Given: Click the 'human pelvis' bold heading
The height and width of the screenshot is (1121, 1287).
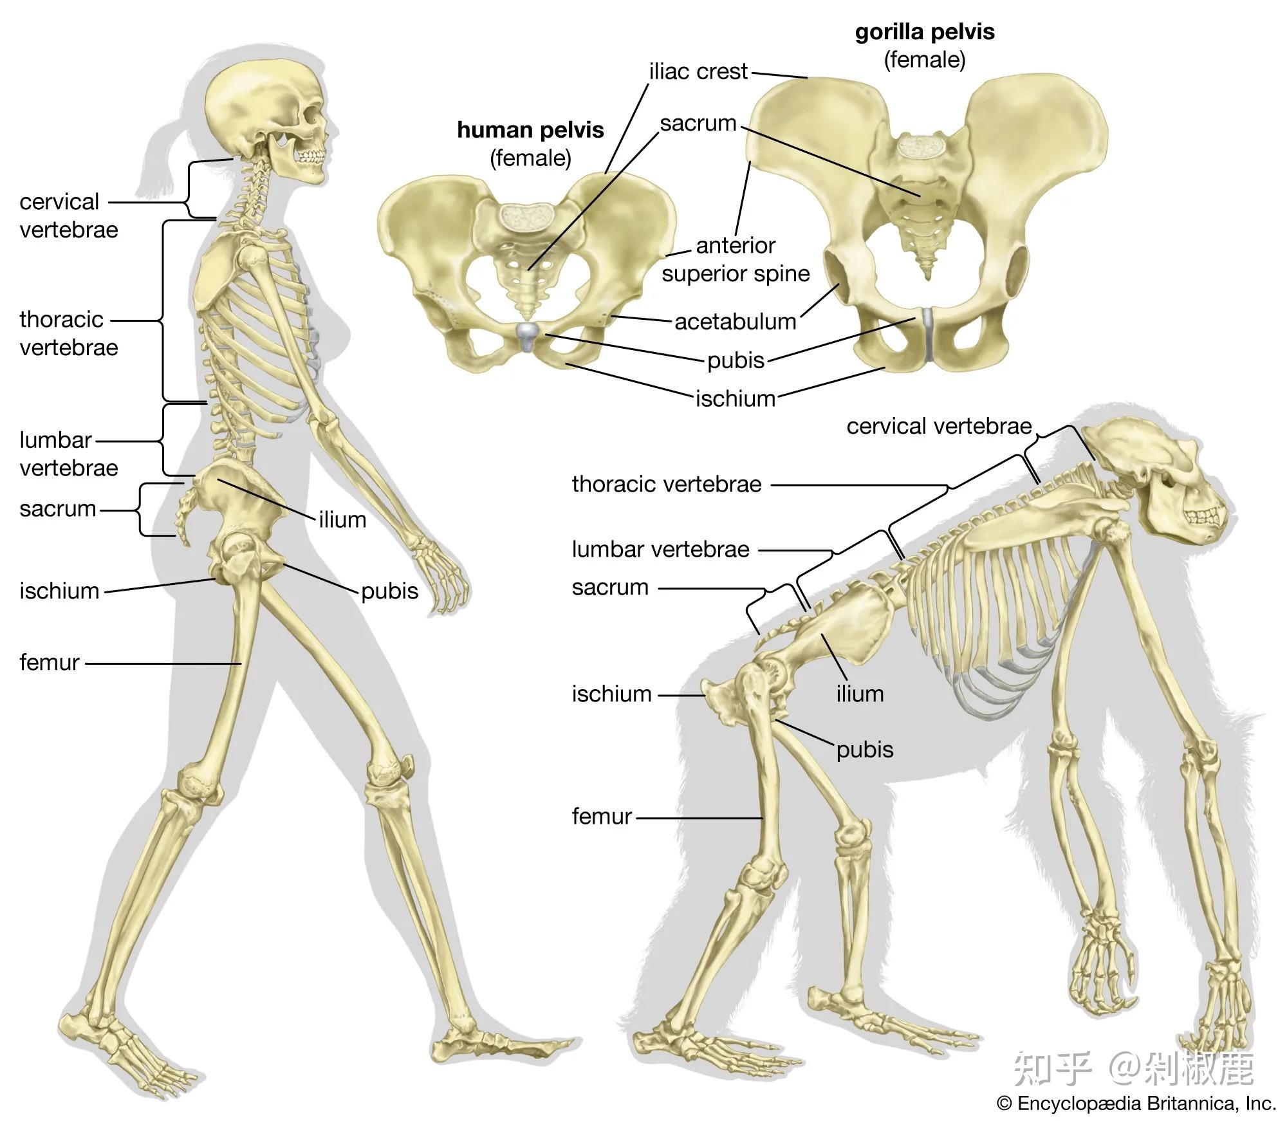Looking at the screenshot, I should point(530,130).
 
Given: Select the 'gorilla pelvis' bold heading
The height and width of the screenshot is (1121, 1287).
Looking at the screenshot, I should point(924,32).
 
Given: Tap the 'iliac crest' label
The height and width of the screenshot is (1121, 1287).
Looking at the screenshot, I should point(698,71).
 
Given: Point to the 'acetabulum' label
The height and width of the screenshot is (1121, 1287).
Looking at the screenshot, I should point(735,321).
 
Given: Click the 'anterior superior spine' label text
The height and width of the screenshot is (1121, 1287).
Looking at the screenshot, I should point(736,260).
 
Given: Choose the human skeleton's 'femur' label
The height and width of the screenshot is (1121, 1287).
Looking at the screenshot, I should point(49,662).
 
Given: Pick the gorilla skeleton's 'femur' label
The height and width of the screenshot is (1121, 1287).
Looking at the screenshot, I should point(602,816).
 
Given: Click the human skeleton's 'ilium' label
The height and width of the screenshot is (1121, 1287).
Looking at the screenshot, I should point(342,519).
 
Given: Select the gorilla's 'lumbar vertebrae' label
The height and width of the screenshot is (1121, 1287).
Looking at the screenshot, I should point(660,549).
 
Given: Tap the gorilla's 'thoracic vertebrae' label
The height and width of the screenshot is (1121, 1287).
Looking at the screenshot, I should point(666,484).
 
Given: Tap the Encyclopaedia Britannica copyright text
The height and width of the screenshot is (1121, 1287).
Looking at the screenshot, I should point(1136,1104).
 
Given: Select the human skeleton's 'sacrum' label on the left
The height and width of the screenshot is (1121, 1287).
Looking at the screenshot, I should point(57,509).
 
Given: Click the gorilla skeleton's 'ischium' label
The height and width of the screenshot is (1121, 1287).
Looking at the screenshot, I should point(611,694).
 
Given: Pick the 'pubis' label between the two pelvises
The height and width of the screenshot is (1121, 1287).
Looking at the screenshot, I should point(736,360).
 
